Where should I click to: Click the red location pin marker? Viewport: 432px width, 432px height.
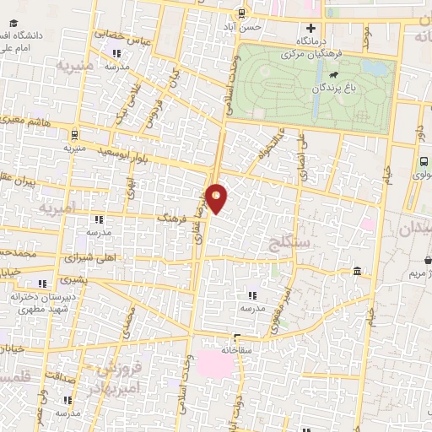(x=218, y=198)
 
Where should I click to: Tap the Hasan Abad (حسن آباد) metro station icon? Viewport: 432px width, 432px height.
(x=243, y=13)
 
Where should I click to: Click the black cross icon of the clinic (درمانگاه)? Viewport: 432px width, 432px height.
(x=311, y=28)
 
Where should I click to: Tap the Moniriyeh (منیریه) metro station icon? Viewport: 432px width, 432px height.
(x=76, y=132)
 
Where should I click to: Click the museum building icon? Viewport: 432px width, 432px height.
(x=358, y=272)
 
